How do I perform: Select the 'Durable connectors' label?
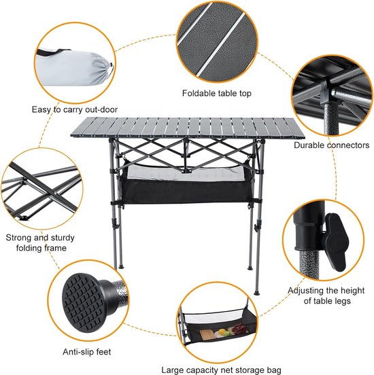tap(331, 145)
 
